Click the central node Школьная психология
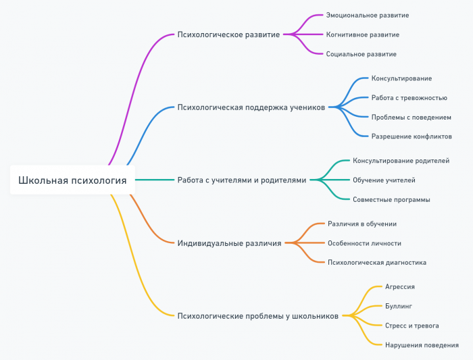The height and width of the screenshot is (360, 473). (x=72, y=180)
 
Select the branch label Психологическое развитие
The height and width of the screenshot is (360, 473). (x=228, y=34)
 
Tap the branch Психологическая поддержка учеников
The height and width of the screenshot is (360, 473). (x=251, y=107)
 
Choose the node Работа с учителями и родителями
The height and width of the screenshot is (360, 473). (x=241, y=180)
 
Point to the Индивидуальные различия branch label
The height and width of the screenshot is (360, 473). (x=229, y=242)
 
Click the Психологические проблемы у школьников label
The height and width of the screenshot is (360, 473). (x=257, y=315)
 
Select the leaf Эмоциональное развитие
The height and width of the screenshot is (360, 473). (x=367, y=15)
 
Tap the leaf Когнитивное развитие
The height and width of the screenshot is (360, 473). (x=362, y=34)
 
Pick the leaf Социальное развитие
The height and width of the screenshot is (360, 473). (x=361, y=54)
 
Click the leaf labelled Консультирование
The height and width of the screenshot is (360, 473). (x=401, y=78)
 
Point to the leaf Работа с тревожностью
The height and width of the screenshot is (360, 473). (x=409, y=98)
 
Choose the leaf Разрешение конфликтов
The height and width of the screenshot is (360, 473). (x=412, y=136)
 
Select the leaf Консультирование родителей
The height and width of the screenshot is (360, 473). (x=401, y=161)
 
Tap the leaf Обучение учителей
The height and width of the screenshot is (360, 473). (x=384, y=180)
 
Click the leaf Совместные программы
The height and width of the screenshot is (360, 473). (x=391, y=200)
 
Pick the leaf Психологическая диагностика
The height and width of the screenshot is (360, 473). (x=376, y=262)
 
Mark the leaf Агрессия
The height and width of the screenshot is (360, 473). (x=399, y=287)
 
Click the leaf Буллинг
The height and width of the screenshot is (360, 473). (x=398, y=306)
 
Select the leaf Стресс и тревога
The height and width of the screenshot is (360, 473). (x=412, y=326)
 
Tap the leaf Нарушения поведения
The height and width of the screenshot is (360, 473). (x=422, y=345)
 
